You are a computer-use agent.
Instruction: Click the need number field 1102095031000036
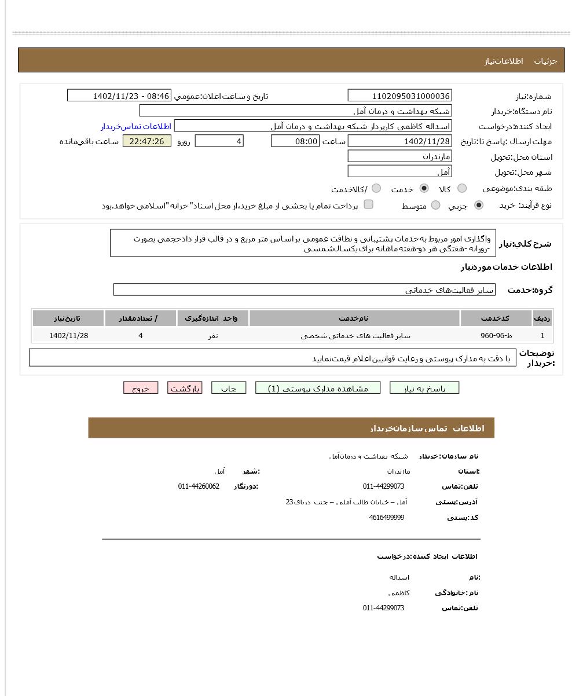click(x=399, y=96)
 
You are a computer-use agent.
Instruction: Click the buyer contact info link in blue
click(x=136, y=126)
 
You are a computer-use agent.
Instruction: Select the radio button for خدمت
click(x=424, y=188)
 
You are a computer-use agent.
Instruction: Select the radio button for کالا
click(x=462, y=188)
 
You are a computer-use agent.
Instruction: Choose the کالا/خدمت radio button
click(x=376, y=188)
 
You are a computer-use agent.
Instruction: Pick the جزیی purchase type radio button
click(x=479, y=205)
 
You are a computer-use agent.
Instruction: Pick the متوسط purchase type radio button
click(x=436, y=205)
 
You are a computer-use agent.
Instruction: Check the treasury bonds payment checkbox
click(x=368, y=204)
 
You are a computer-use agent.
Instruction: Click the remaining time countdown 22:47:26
click(x=147, y=141)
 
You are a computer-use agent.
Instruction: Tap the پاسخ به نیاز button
click(x=424, y=388)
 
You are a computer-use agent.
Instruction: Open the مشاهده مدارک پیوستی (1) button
click(x=318, y=388)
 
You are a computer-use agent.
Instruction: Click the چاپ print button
click(x=229, y=388)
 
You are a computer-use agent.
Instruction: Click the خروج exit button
click(x=141, y=388)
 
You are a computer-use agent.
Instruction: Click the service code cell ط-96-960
click(x=496, y=335)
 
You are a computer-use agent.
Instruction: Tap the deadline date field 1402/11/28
click(x=399, y=141)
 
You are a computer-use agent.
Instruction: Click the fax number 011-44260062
click(x=199, y=486)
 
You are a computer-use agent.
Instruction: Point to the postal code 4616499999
click(x=386, y=518)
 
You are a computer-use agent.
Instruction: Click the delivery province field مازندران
click(x=399, y=156)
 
